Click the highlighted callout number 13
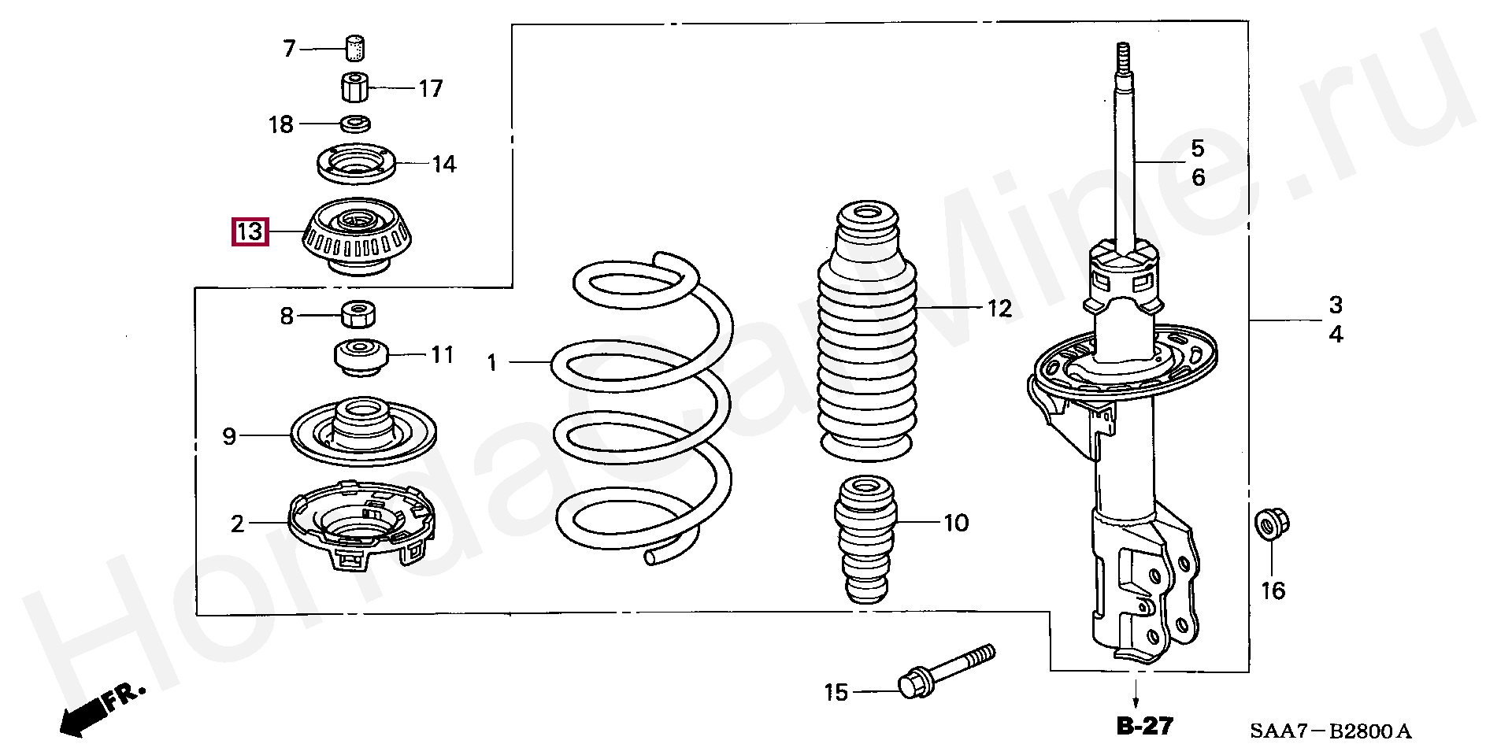pos(250,232)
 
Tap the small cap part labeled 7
pos(358,47)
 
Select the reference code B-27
pos(1144,726)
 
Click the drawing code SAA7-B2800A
pos(1330,731)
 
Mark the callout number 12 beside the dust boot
pos(999,309)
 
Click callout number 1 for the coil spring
pos(492,363)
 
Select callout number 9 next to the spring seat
pos(229,436)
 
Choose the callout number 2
pos(237,524)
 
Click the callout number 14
pos(443,165)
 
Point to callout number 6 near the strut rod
pos(1198,177)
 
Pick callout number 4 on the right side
pos(1336,335)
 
